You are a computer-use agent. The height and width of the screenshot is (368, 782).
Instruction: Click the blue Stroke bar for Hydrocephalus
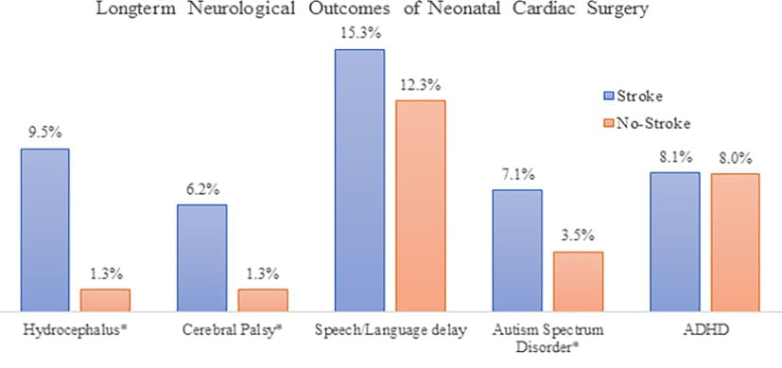[44, 230]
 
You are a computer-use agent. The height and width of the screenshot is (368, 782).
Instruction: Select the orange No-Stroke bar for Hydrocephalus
[105, 300]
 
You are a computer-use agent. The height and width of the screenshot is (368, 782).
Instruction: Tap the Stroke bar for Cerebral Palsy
[201, 257]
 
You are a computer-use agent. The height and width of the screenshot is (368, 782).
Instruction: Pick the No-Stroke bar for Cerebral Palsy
[262, 300]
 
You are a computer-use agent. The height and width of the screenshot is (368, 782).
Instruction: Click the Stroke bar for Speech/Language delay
[359, 180]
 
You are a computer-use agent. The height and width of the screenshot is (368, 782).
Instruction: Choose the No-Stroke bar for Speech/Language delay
[420, 205]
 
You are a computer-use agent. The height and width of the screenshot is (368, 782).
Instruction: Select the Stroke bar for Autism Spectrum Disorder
[517, 250]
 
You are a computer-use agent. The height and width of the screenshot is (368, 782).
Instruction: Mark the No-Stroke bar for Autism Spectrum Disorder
[578, 281]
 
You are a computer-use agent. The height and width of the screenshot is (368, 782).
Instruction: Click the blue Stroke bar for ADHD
[674, 241]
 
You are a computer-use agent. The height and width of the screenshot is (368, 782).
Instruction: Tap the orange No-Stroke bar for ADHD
[735, 242]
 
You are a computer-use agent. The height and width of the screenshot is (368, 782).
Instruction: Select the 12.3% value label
[420, 86]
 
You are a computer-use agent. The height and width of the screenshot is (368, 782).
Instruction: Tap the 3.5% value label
[578, 238]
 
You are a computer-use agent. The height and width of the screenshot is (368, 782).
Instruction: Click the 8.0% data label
[735, 160]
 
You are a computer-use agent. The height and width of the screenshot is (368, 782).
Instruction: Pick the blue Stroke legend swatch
[608, 96]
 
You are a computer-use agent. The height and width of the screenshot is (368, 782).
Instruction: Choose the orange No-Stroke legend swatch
[608, 122]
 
